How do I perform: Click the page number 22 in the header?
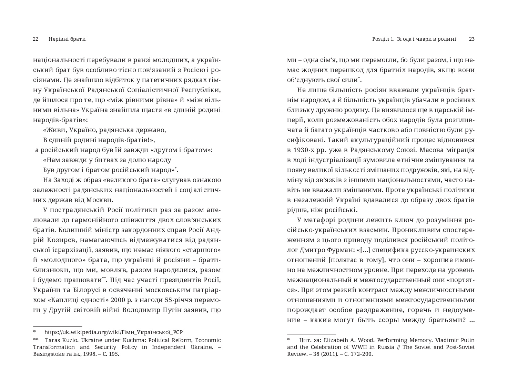35,39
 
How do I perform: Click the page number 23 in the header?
472,39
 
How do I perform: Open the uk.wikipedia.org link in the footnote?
113,332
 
